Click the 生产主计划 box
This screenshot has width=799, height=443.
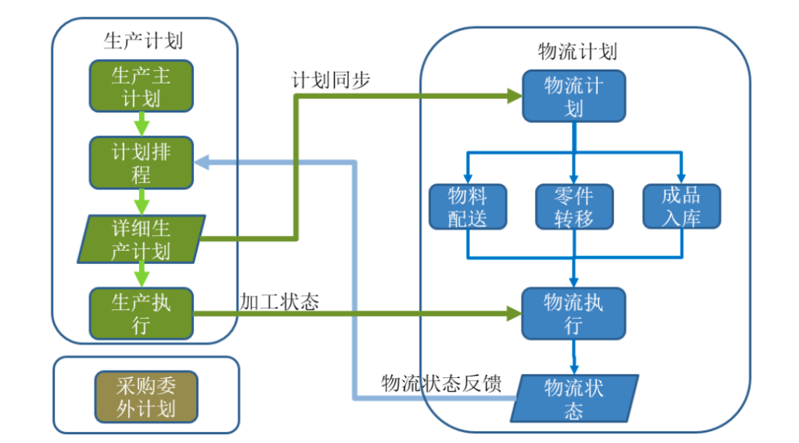tap(141, 86)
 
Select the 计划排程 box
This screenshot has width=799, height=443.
tap(141, 163)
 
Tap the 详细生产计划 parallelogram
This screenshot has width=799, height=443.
tap(141, 239)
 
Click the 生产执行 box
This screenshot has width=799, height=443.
tap(141, 314)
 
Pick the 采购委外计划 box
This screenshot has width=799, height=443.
tap(146, 396)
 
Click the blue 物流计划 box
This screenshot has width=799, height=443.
tap(573, 96)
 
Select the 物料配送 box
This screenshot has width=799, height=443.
tap(468, 206)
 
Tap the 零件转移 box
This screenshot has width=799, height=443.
tap(573, 206)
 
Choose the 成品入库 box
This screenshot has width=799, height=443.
tap(681, 206)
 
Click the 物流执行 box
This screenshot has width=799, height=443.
tap(573, 314)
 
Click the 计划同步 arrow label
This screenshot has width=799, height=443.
tap(331, 81)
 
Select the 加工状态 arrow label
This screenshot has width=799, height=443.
tap(278, 301)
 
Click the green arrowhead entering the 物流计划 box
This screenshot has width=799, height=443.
tap(515, 95)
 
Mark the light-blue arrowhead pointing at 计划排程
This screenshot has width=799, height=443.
tap(202, 162)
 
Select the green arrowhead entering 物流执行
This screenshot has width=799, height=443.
tap(515, 314)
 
